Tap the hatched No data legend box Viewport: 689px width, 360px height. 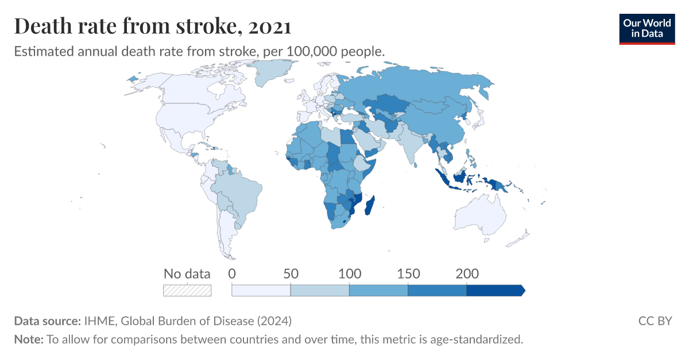coord(187,291)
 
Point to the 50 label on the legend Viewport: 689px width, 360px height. coord(291,273)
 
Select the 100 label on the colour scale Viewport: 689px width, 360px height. coord(349,273)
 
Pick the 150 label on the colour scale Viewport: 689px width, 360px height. coord(408,273)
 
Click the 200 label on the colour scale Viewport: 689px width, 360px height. coord(466,273)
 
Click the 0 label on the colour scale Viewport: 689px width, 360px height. coord(232,273)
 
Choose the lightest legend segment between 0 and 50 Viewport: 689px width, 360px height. coord(261,291)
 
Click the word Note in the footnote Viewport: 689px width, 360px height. coord(28,339)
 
